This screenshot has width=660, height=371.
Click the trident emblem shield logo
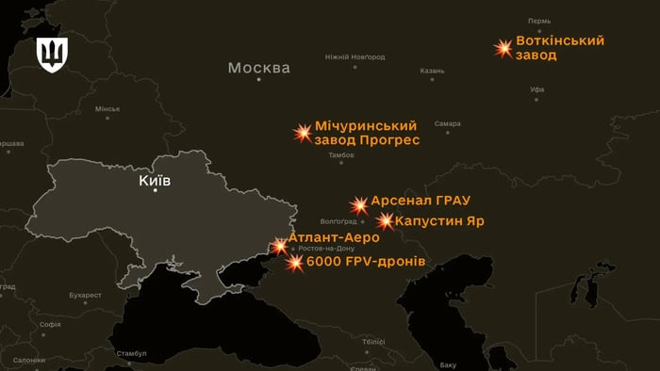[x=51, y=56]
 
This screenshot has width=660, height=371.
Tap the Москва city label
[x=259, y=68]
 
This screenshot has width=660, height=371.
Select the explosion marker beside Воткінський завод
[x=504, y=48]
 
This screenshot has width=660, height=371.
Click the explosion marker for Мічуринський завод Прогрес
[x=303, y=133]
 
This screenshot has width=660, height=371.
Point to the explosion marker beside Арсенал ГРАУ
[x=359, y=205]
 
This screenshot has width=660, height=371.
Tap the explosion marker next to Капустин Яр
[x=386, y=222]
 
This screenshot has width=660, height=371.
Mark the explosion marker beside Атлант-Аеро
[x=280, y=246]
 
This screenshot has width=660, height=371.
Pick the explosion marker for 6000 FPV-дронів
[x=295, y=263]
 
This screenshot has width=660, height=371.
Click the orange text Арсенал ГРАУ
[x=421, y=202]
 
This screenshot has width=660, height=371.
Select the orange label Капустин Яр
[x=440, y=221]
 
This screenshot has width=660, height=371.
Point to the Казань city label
[x=432, y=71]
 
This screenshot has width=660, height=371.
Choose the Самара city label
[x=448, y=124]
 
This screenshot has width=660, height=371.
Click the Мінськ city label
[x=107, y=109]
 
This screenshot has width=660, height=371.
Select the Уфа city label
[x=537, y=89]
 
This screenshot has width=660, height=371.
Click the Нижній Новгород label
[x=355, y=57]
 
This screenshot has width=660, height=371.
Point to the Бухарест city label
[x=91, y=296]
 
